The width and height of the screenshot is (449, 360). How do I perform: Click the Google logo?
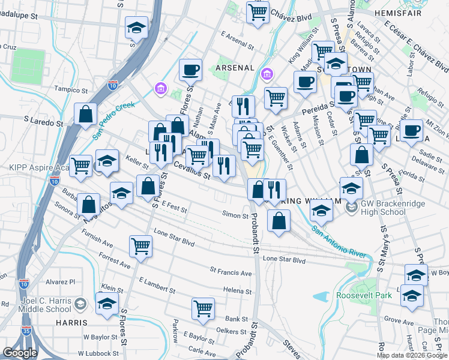(x=20, y=353)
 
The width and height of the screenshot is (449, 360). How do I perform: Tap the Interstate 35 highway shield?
(x=24, y=283)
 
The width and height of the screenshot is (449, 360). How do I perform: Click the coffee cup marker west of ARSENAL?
(x=190, y=70)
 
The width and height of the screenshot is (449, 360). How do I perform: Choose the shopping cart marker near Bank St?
(x=203, y=308)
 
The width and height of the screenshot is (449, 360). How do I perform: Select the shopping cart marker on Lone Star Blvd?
(x=140, y=245)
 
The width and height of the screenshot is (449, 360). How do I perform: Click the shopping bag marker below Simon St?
(x=279, y=221)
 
